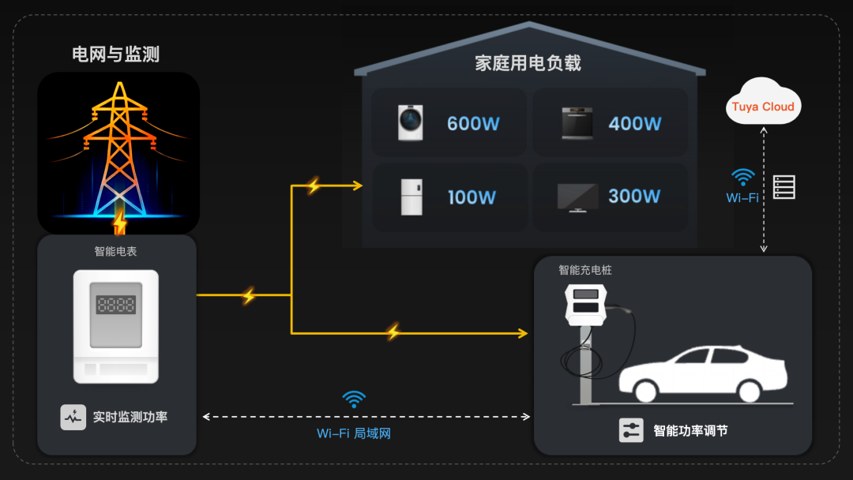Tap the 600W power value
click(473, 124)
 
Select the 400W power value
click(634, 124)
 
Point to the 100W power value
click(472, 197)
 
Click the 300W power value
click(633, 196)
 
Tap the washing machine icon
click(411, 123)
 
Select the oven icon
click(577, 123)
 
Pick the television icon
click(577, 197)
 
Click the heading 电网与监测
click(116, 54)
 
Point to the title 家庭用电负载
click(528, 63)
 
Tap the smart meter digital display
click(116, 305)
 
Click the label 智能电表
click(116, 252)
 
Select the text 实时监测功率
click(130, 417)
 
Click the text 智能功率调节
click(690, 431)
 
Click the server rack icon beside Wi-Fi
click(783, 187)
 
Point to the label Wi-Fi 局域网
click(354, 433)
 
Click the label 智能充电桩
click(585, 270)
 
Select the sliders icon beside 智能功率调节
click(631, 430)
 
